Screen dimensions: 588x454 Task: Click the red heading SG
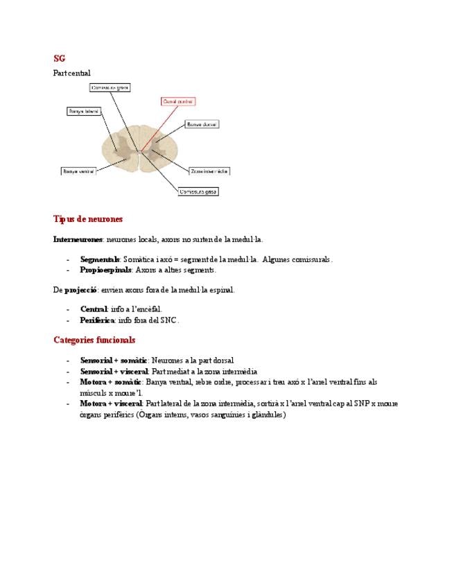click(59, 59)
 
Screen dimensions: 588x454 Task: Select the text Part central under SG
click(72, 73)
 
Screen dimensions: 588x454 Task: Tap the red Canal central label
click(177, 101)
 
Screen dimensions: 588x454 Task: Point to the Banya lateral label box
click(84, 111)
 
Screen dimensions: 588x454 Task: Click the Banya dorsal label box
click(202, 124)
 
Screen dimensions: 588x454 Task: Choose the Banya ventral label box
click(78, 170)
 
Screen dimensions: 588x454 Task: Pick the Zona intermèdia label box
click(209, 170)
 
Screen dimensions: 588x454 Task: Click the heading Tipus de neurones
click(88, 219)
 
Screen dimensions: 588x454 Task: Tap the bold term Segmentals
click(100, 259)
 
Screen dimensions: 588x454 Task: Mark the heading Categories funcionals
click(94, 340)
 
